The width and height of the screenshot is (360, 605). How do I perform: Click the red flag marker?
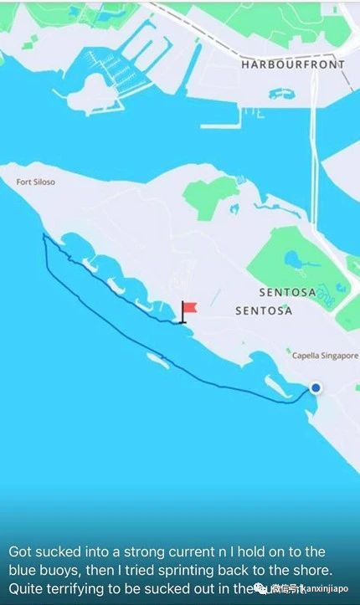tap(190, 308)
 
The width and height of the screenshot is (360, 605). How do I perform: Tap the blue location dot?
tap(316, 387)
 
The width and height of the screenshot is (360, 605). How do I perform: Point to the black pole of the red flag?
tap(183, 313)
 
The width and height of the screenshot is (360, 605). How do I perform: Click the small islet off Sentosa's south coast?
tap(158, 361)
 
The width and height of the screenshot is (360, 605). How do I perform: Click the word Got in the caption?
tap(20, 552)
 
